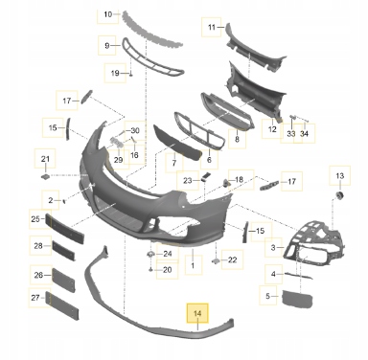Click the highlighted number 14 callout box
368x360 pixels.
(x=197, y=313)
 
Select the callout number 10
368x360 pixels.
(x=108, y=14)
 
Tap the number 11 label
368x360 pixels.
(x=212, y=27)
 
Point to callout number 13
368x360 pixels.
(x=340, y=175)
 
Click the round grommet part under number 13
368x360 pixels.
(x=339, y=195)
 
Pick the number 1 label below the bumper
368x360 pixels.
(x=193, y=265)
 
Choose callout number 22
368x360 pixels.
(x=232, y=260)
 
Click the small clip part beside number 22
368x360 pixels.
(x=215, y=261)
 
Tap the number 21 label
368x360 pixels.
(x=45, y=159)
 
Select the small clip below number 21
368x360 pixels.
(x=45, y=176)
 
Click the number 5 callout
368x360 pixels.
(x=267, y=296)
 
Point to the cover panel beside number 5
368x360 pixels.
(x=297, y=299)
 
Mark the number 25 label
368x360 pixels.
(x=35, y=219)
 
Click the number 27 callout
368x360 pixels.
(x=35, y=298)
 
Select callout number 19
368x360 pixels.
(x=115, y=73)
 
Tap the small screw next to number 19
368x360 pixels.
(x=130, y=74)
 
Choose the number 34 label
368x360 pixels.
(x=305, y=133)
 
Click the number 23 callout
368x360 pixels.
(x=187, y=181)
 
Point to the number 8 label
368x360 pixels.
(x=237, y=139)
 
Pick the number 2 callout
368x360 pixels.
(x=51, y=200)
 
